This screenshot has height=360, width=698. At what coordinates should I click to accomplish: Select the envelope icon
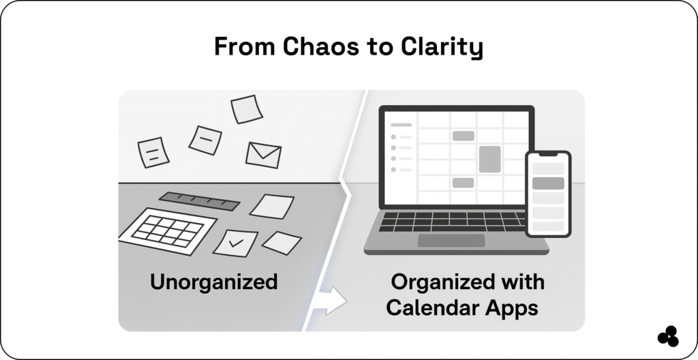(264, 155)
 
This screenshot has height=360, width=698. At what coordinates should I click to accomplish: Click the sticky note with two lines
(153, 151)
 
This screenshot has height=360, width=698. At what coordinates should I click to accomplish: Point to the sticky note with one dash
(205, 140)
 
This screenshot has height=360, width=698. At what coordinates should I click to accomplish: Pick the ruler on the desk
(199, 200)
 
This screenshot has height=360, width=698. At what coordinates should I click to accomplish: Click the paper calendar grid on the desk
(168, 230)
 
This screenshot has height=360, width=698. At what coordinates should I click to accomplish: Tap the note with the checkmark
(235, 242)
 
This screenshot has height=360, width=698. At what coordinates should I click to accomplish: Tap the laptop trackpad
(451, 241)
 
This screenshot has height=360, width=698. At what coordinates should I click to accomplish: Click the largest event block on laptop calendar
(489, 158)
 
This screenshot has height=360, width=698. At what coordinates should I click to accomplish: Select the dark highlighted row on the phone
(547, 183)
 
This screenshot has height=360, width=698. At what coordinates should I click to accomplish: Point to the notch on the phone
(547, 155)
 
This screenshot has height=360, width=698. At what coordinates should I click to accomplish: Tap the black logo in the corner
(667, 337)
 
